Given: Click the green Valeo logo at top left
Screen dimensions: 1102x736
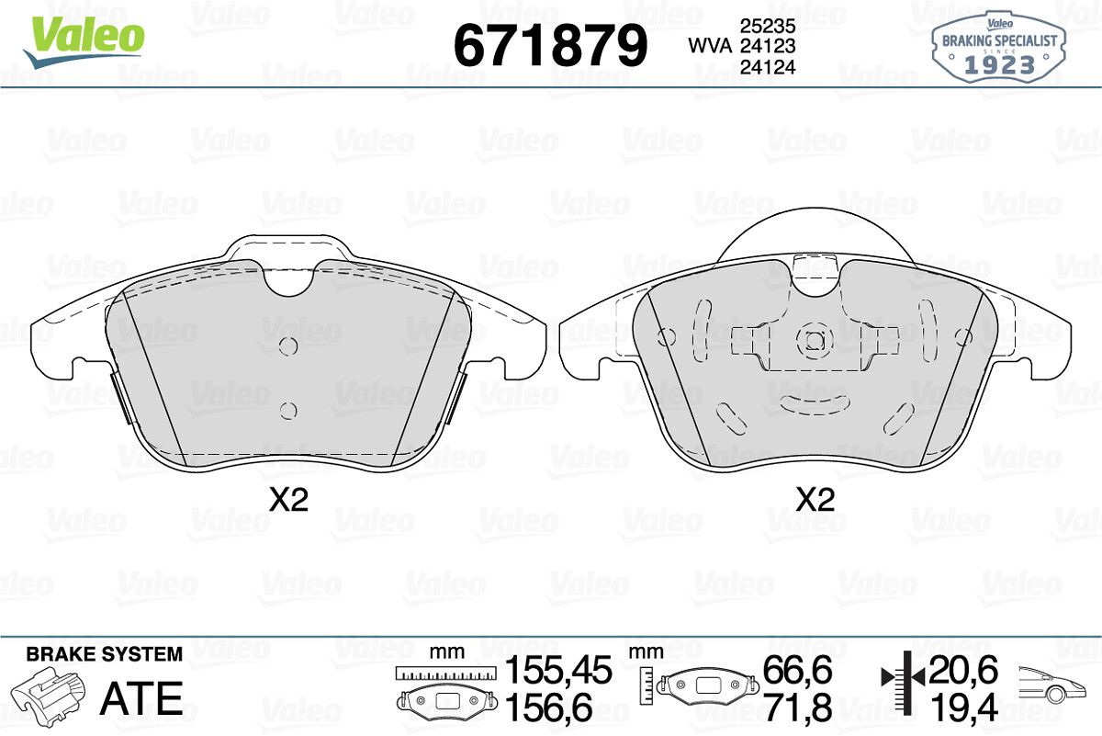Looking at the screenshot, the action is tap(84, 41).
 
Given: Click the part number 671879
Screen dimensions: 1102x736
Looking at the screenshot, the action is tap(550, 45).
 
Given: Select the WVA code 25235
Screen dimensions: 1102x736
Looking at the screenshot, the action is tap(768, 26).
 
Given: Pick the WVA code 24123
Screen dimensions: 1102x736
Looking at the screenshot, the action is tap(768, 46).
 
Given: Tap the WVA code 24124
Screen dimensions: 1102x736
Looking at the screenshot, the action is tap(768, 66).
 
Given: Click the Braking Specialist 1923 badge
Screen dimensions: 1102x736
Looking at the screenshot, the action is tap(999, 47).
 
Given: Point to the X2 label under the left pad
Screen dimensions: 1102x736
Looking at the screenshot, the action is tap(288, 500).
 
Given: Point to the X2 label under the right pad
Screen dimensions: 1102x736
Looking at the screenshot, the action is tap(815, 500).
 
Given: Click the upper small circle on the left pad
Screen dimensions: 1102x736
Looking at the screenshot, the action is tap(287, 345).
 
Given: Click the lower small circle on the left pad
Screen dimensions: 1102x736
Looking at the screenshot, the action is tap(287, 411).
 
